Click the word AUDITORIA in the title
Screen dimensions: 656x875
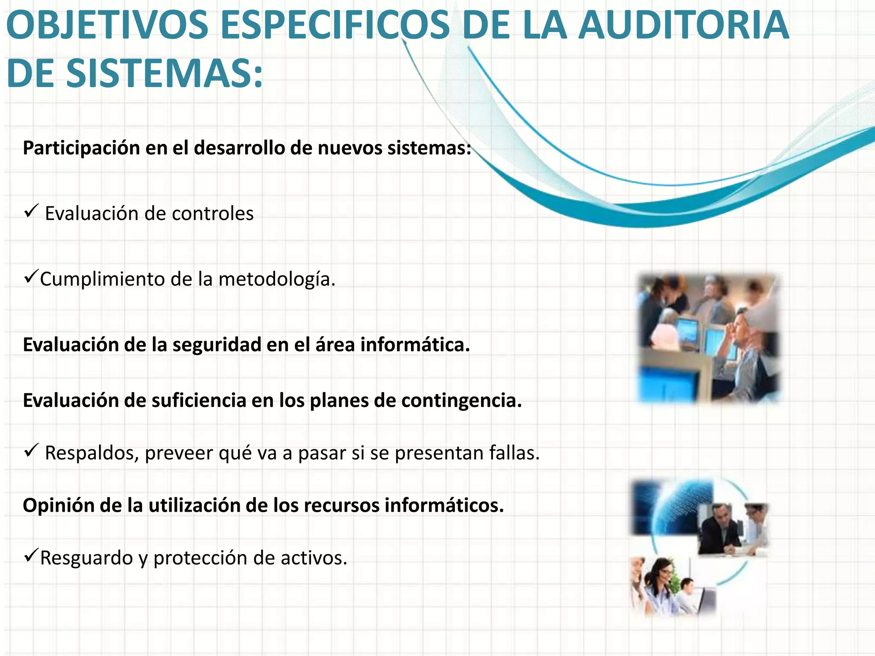(x=683, y=26)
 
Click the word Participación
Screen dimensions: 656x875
(x=81, y=148)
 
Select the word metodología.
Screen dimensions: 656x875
(x=277, y=280)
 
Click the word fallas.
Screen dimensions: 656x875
(x=514, y=453)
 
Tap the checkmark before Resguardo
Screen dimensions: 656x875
(x=32, y=556)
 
